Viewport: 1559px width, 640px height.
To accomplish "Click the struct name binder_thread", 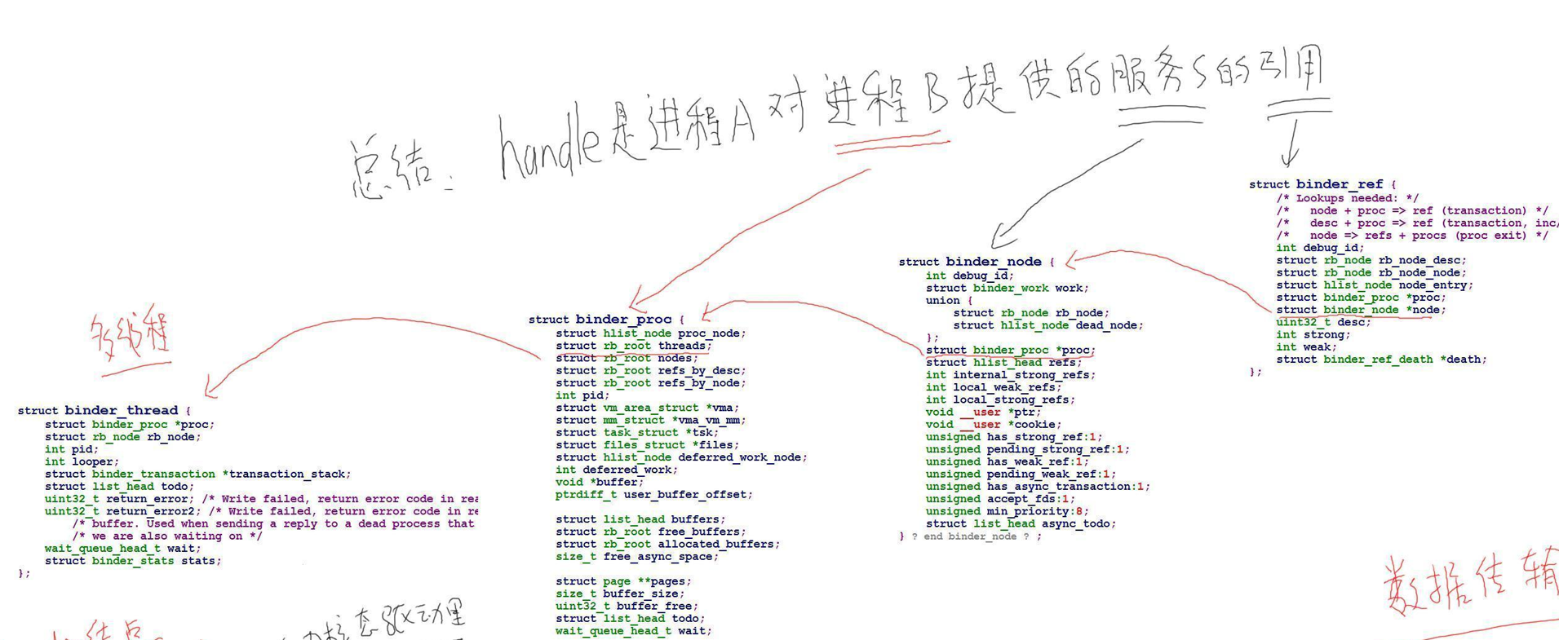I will coord(121,410).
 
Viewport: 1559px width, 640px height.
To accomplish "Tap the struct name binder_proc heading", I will coord(623,319).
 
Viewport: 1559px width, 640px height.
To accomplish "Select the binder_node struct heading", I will coord(993,262).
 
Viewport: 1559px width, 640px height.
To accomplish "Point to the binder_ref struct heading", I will coord(1339,184).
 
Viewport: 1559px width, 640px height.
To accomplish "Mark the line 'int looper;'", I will coord(79,461).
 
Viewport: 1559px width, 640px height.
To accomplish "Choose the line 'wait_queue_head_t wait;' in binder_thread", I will coord(122,548).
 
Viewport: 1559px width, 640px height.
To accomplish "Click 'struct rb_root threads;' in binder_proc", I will coord(633,346).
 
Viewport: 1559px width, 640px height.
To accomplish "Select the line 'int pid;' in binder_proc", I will coord(582,395).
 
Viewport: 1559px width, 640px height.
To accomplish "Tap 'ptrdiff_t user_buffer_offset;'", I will coord(653,494).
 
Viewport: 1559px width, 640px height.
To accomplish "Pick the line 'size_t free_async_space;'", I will coord(637,556).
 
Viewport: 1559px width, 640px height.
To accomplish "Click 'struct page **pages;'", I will coord(623,581).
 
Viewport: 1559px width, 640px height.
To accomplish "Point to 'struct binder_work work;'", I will coord(1007,288).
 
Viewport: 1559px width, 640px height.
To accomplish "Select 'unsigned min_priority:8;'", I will coord(1007,511).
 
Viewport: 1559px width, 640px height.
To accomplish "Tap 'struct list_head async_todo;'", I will coord(1021,523).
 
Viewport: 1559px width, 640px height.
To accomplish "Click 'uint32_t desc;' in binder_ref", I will coord(1323,322).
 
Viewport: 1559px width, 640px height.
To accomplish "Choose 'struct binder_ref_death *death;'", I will coord(1381,359).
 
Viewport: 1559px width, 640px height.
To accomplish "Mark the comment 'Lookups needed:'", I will coord(1347,198).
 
